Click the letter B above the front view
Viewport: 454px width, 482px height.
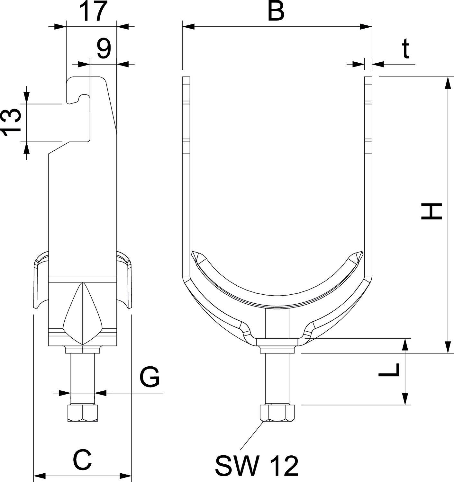277,12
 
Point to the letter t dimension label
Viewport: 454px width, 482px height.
406,49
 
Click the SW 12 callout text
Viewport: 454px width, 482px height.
257,466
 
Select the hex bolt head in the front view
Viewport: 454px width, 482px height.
277,413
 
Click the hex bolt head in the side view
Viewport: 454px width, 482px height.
83,413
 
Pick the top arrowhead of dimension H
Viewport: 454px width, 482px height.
447,82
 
